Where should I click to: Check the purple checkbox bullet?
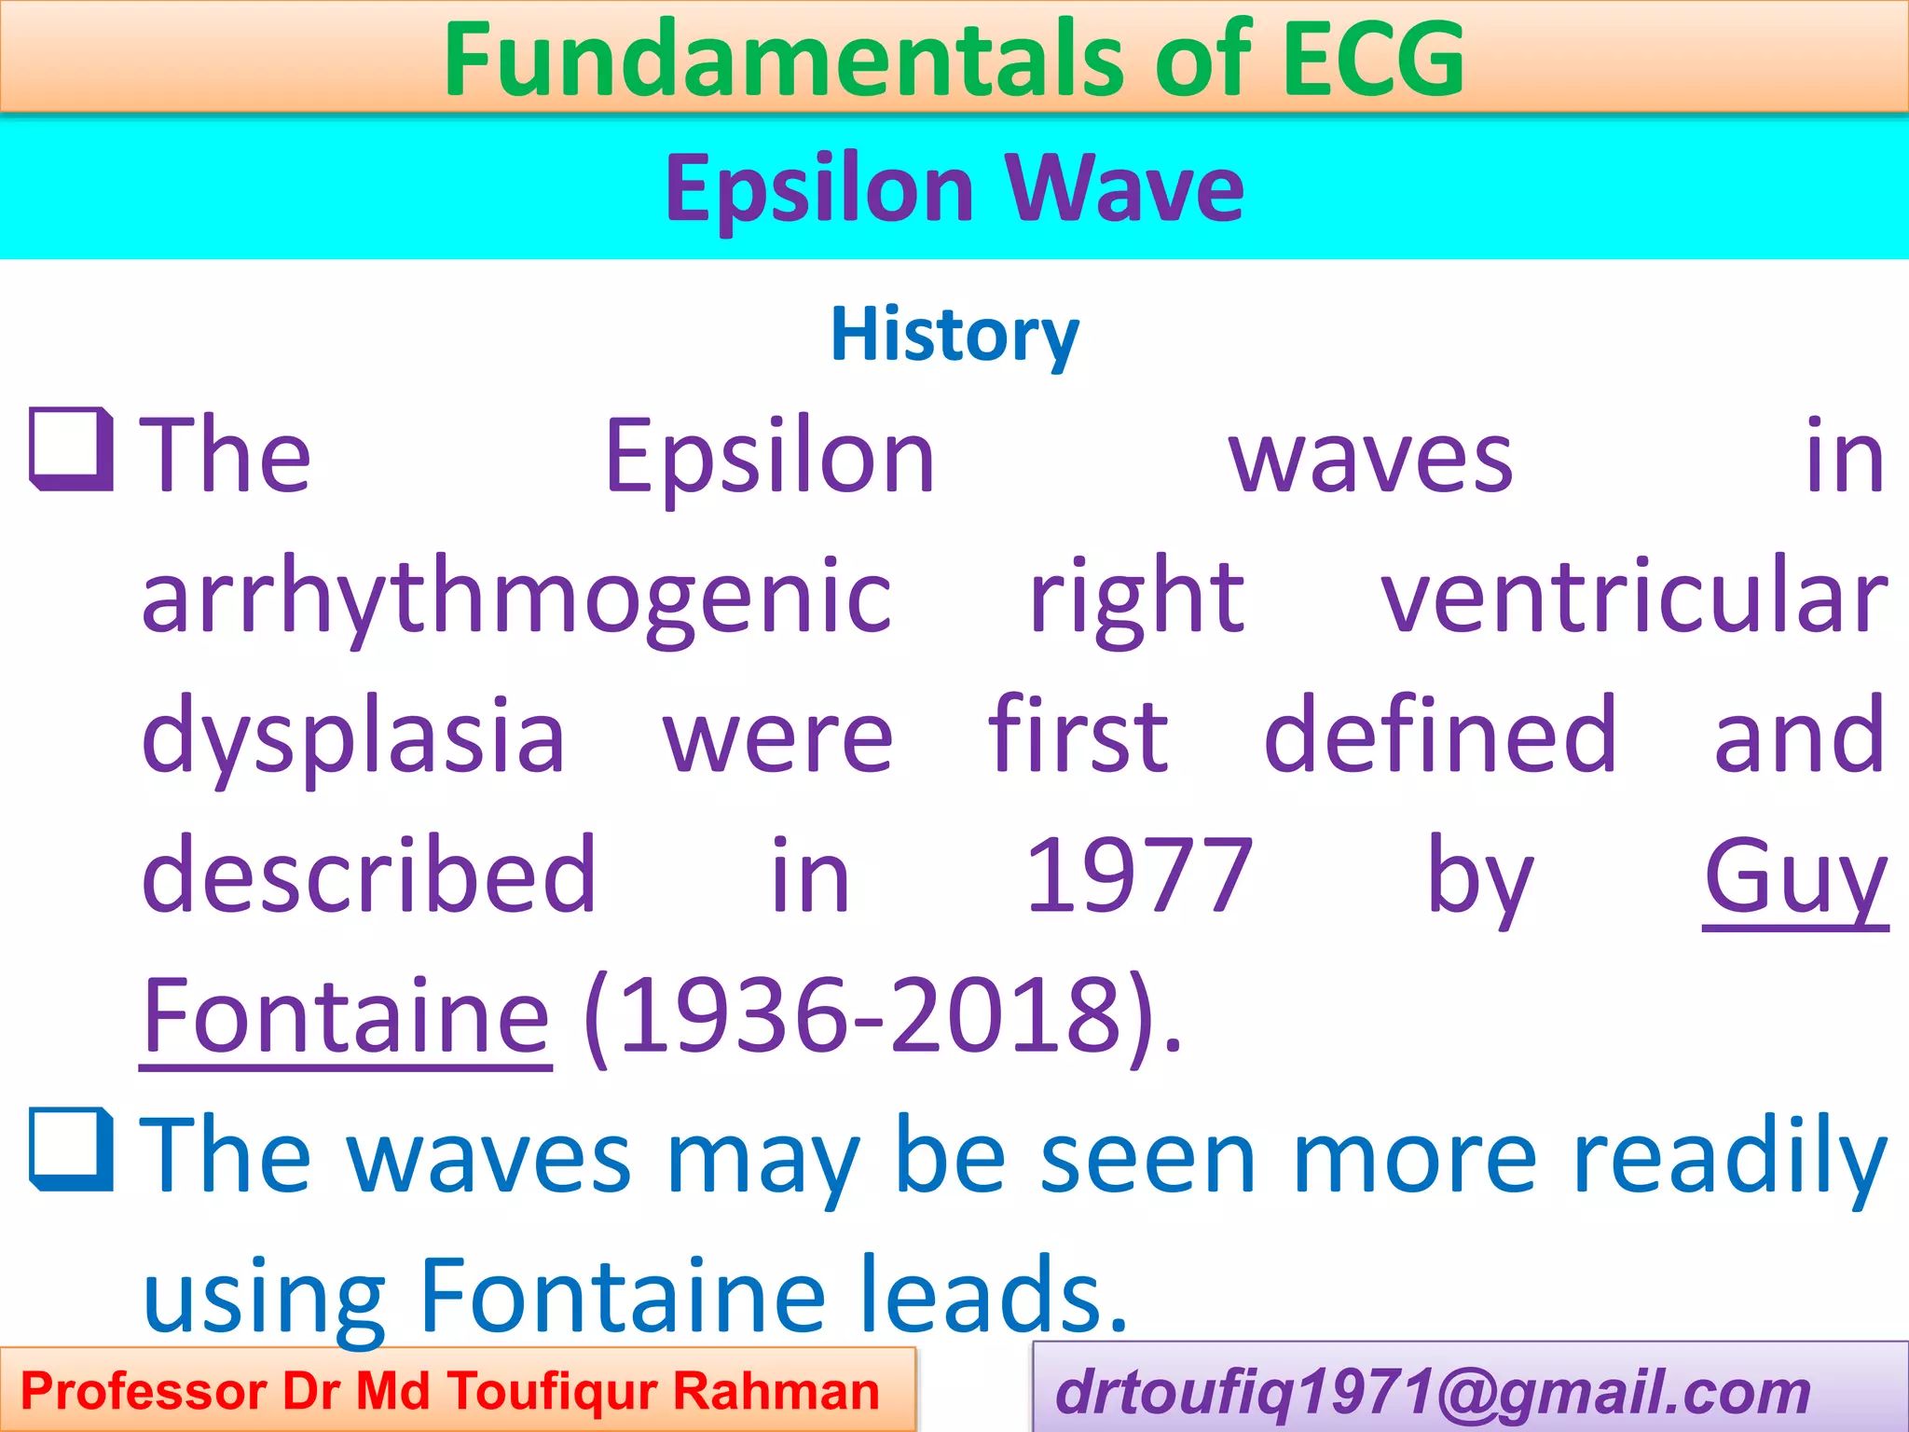coord(71,449)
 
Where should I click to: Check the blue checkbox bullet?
coord(71,1150)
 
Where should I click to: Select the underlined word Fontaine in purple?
coord(346,1016)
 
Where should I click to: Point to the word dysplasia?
coord(353,737)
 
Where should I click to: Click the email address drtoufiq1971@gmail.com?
coord(1432,1393)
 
